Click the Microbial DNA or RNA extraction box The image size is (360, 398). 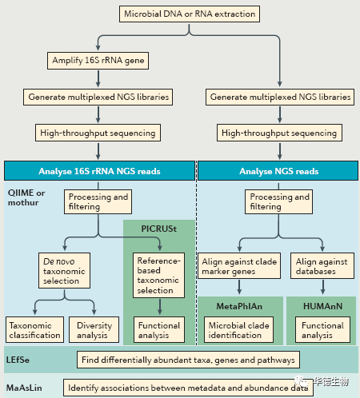click(190, 14)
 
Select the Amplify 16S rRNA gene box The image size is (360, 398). click(98, 61)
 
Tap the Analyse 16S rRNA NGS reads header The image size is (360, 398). click(99, 171)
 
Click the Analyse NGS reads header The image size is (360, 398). click(278, 171)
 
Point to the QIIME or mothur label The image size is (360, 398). click(26, 197)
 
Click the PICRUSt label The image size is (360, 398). click(159, 229)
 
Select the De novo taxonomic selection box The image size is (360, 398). click(64, 271)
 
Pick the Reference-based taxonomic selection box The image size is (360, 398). click(158, 275)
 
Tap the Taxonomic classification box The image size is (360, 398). click(34, 330)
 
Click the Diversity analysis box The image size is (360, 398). click(94, 330)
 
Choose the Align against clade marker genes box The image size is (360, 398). click(239, 266)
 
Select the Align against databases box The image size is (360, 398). click(322, 266)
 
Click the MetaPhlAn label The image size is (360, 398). click(239, 306)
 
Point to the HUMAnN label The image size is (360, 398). click(322, 306)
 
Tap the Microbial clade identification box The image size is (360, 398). click(238, 330)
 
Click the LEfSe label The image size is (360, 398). click(18, 360)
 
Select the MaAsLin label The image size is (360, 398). click(24, 388)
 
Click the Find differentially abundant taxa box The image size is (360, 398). click(188, 360)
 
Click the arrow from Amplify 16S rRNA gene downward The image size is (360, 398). click(98, 79)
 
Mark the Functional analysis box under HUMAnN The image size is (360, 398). click(322, 330)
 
